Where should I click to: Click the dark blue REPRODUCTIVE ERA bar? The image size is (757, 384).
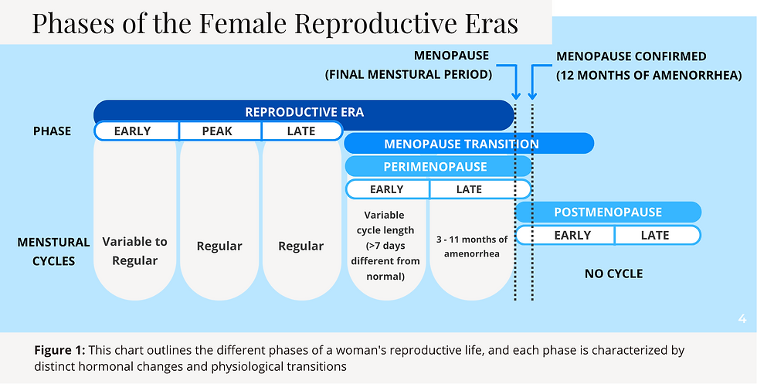tap(304, 112)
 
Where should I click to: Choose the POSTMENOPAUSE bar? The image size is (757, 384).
tap(608, 212)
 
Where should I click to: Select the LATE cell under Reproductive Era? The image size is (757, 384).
tap(300, 131)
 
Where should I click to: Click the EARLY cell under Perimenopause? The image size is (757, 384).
tap(387, 189)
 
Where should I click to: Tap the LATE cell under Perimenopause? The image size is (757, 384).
tap(470, 189)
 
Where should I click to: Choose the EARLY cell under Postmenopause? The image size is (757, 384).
tap(572, 236)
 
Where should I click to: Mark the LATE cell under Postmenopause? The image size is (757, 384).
tap(655, 236)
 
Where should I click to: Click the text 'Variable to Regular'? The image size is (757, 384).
tap(134, 251)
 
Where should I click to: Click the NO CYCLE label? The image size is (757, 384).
tap(613, 274)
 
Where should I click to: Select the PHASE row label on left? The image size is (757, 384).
tap(53, 131)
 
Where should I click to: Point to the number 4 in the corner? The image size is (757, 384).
tap(742, 318)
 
